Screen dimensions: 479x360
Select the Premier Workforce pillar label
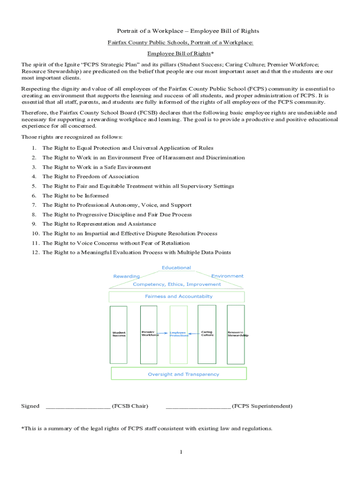coord(150,334)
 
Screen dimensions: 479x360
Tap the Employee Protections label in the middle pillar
coord(179,334)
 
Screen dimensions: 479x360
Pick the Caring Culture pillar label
coord(207,334)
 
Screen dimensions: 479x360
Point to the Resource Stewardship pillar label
coord(237,334)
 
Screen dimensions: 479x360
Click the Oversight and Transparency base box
coord(179,374)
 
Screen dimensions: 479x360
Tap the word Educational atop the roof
coord(176,268)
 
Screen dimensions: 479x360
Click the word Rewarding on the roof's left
coord(126,276)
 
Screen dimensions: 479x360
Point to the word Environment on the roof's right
coord(227,276)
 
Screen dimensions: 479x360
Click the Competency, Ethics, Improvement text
coord(177,284)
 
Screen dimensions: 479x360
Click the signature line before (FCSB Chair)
coord(78,406)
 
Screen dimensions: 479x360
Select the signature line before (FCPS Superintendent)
coord(198,406)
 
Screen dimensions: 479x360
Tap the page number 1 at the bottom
coord(180,452)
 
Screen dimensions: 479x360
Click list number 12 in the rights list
coord(36,253)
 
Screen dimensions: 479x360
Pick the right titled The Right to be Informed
coord(75,196)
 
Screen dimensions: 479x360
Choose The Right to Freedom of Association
coord(90,176)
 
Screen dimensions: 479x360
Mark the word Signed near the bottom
coord(30,406)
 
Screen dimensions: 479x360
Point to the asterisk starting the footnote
coord(22,428)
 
